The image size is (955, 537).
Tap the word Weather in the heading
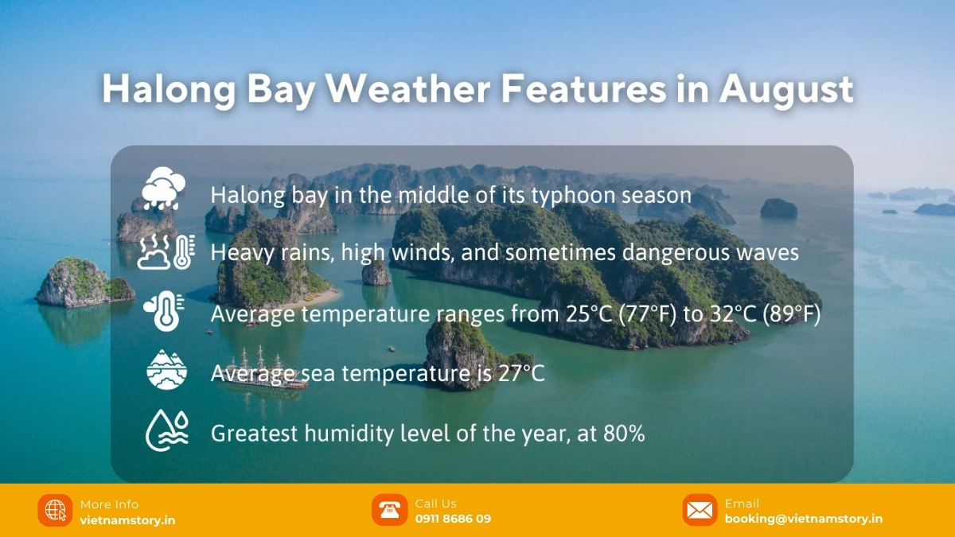coord(408,88)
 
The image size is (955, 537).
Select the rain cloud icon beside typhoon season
coord(163,189)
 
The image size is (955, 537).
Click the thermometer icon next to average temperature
coord(164,311)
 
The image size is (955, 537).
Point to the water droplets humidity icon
coord(166,430)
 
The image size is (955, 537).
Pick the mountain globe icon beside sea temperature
coord(166,369)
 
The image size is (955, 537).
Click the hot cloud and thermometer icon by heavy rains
coord(166,251)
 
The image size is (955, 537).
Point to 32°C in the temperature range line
coord(733,313)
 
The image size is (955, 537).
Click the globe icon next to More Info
coord(55,510)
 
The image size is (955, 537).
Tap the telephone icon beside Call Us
coord(390,510)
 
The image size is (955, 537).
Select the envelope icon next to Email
coord(700,510)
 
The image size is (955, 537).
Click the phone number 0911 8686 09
coord(453,519)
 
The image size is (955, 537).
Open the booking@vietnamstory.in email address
coord(804,519)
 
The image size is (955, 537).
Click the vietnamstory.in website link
coord(127,520)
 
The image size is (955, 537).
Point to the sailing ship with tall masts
coord(264,370)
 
